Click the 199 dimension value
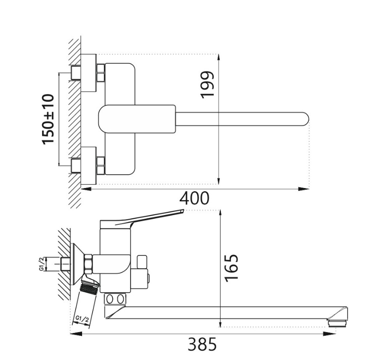(207, 84)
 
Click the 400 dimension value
(194, 198)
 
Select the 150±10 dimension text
(48, 119)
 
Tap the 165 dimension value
(232, 268)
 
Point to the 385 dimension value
(202, 344)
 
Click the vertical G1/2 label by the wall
(41, 264)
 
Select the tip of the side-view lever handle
(182, 210)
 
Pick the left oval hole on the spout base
(110, 299)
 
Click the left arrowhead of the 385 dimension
(76, 333)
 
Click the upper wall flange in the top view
(89, 73)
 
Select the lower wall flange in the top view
(89, 166)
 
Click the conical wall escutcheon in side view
(78, 264)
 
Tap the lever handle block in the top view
(137, 119)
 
